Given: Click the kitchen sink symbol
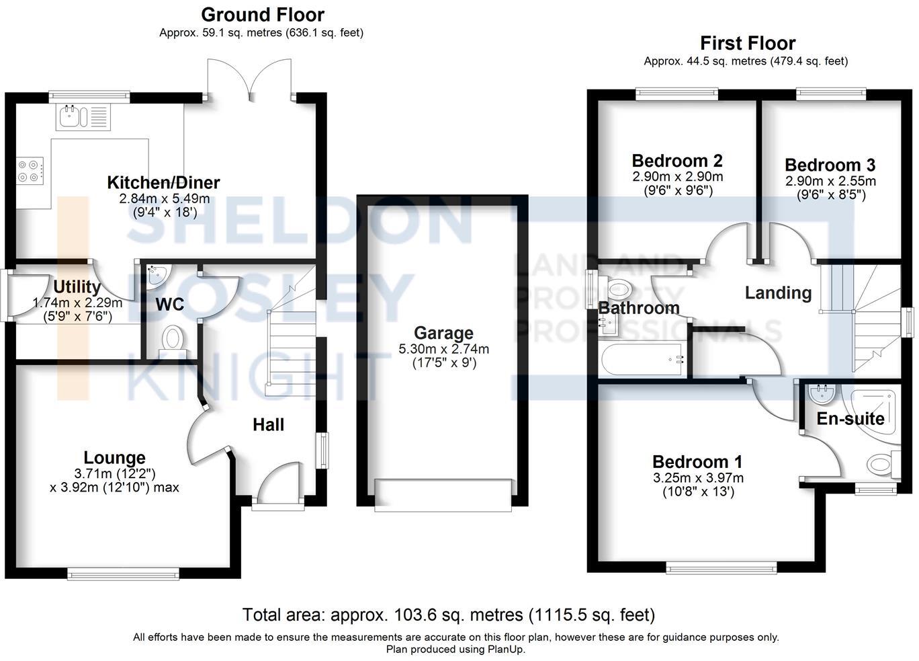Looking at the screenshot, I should pos(83,116).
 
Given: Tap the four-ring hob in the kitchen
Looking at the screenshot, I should pos(30,170).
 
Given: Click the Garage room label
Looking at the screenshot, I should pos(443,333).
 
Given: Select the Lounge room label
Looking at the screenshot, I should pos(114,458).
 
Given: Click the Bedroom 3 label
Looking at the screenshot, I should pos(830,165).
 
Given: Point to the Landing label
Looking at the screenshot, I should pos(778,293).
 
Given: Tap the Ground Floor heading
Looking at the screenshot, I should pos(262,15).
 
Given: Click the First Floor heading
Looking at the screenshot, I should pos(747,44).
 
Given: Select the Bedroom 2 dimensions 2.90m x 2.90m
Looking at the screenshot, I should pos(677,178).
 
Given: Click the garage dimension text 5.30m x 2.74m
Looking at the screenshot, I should pos(443,350).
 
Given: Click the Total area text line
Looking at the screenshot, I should pos(448,615).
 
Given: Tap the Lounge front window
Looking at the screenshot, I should pos(123,573).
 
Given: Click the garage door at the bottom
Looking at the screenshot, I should pos(443,495).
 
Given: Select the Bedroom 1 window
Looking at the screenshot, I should pos(721,568).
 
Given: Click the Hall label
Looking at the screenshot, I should pos(268,425).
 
